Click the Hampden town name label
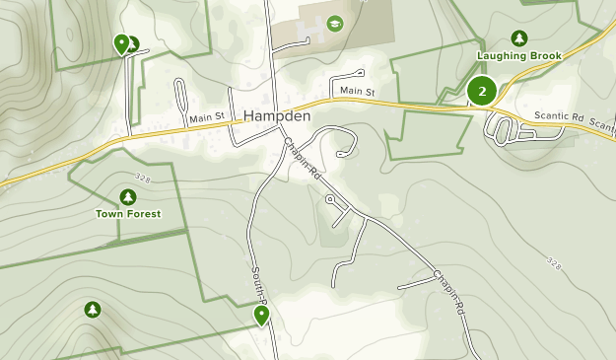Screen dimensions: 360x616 (x=277, y=115)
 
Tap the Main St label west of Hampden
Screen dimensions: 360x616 (x=208, y=117)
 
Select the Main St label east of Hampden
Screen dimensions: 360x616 (x=358, y=92)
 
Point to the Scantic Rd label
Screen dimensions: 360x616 (x=559, y=116)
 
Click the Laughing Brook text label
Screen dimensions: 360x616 (x=519, y=56)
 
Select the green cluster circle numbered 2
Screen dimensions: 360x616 (x=482, y=92)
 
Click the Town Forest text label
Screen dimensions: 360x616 (x=128, y=213)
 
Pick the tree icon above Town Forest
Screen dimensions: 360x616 (x=128, y=196)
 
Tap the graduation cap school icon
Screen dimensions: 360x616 (x=335, y=23)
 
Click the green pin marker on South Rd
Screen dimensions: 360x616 (x=261, y=315)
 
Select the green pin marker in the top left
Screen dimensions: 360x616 (x=121, y=43)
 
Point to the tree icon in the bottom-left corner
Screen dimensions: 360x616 (x=93, y=310)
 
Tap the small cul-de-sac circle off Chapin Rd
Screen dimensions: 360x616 (x=329, y=198)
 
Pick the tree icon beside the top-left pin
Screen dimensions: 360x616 (x=133, y=44)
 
